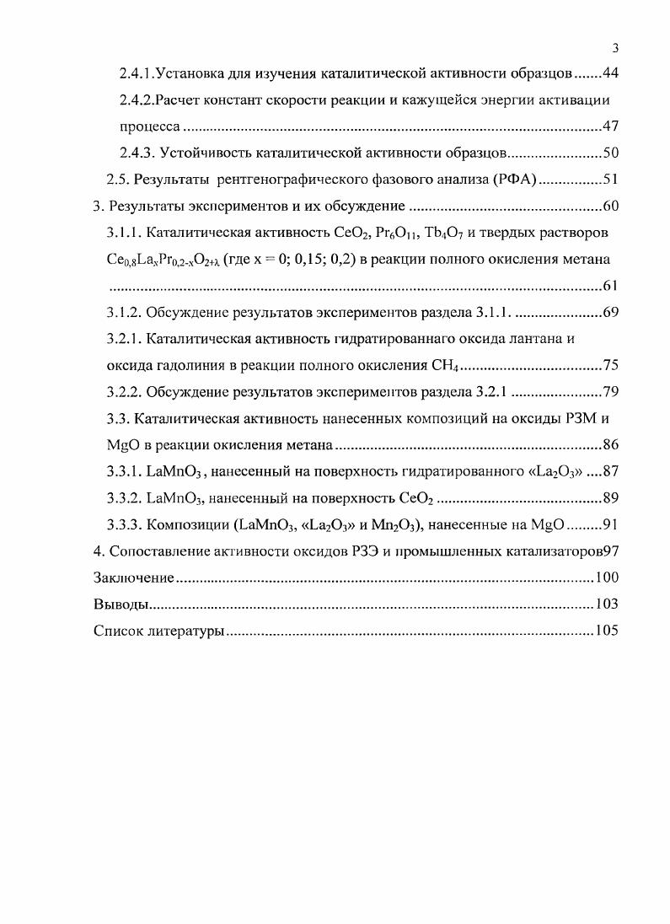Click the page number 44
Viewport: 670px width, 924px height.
pyautogui.click(x=611, y=73)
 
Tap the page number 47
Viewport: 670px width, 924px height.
pyautogui.click(x=611, y=126)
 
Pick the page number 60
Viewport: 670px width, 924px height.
pyautogui.click(x=611, y=207)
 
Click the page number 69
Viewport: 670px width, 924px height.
pyautogui.click(x=611, y=313)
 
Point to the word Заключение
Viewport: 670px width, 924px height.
pyautogui.click(x=133, y=577)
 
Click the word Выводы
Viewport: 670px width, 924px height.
pyautogui.click(x=121, y=604)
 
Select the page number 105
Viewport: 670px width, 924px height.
pyautogui.click(x=607, y=631)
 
